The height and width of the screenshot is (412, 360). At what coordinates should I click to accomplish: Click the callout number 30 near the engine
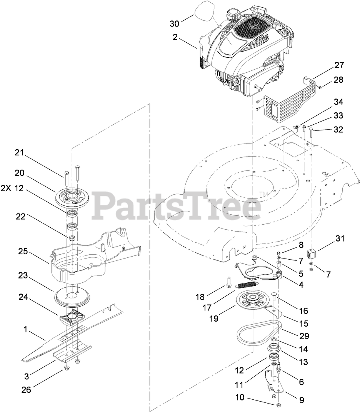click(174, 23)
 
